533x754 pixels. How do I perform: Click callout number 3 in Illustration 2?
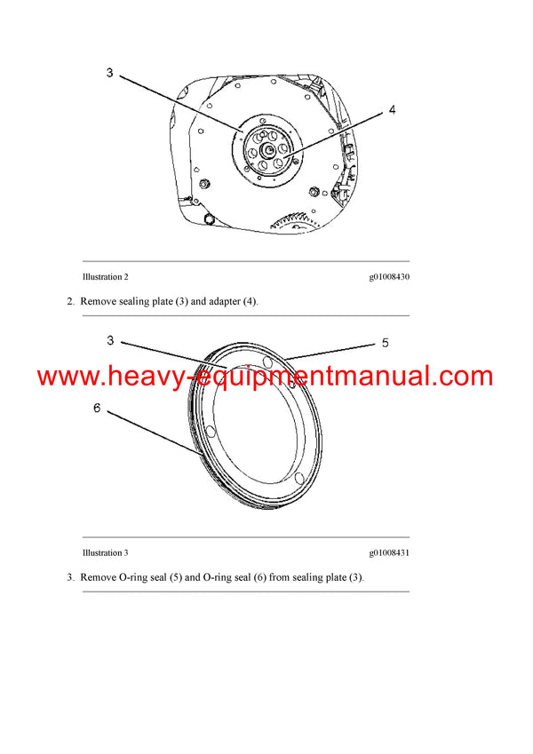[x=109, y=73]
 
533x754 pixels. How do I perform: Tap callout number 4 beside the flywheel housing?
[x=392, y=111]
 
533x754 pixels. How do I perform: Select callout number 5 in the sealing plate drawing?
[x=385, y=342]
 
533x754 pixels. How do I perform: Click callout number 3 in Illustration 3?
[x=110, y=340]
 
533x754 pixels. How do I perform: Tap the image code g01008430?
[x=389, y=277]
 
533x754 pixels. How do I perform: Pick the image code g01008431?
[x=389, y=553]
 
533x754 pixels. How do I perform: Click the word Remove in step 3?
[x=98, y=577]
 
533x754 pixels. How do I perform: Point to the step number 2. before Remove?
[x=71, y=302]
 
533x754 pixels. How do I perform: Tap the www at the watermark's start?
[x=68, y=377]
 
